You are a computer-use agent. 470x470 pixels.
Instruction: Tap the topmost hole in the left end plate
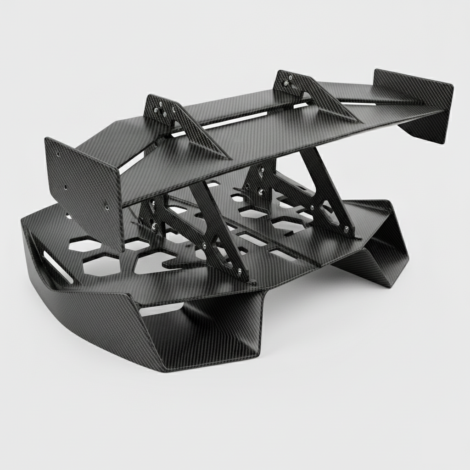coord(59,155)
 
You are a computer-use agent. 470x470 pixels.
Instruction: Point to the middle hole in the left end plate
coord(66,187)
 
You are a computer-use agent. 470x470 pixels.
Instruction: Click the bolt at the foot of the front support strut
coord(239,272)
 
